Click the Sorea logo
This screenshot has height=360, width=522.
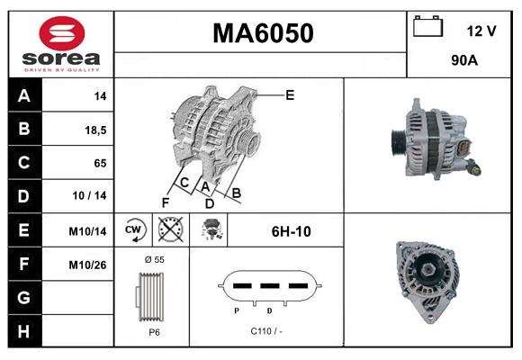pyautogui.click(x=61, y=44)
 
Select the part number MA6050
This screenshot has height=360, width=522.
pyautogui.click(x=262, y=33)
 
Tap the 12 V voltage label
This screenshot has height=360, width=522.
pyautogui.click(x=481, y=31)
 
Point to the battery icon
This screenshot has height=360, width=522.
pyautogui.click(x=428, y=27)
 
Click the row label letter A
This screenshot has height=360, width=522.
pyautogui.click(x=22, y=96)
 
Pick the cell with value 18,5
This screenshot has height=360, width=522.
pyautogui.click(x=95, y=130)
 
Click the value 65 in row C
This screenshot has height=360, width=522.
pyautogui.click(x=100, y=163)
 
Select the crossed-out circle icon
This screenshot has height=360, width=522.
pyautogui.click(x=169, y=230)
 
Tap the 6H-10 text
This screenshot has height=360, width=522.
pyautogui.click(x=291, y=231)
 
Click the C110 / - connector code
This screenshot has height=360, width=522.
pyautogui.click(x=266, y=331)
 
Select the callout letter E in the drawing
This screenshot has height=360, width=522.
pyautogui.click(x=289, y=94)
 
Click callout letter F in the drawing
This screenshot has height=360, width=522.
pyautogui.click(x=166, y=201)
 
